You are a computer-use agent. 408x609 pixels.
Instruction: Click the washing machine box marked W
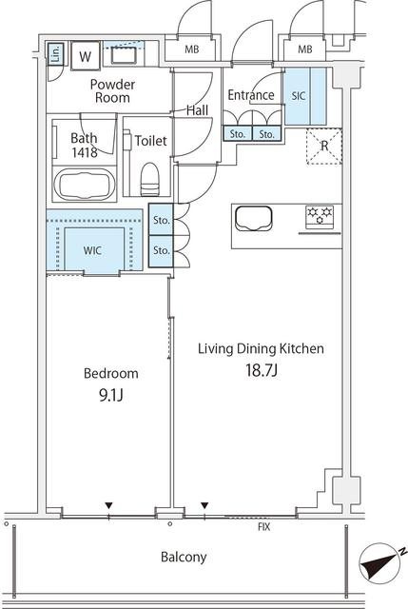click(x=85, y=56)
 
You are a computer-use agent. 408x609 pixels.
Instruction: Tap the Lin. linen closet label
click(x=56, y=53)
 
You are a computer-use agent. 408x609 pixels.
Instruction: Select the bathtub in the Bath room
click(x=84, y=184)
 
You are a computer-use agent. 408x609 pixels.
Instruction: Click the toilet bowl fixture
click(x=150, y=179)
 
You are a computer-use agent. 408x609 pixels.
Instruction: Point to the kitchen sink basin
click(x=254, y=218)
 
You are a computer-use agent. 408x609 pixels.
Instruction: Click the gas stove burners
click(x=320, y=216)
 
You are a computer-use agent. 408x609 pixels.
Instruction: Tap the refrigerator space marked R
click(x=324, y=146)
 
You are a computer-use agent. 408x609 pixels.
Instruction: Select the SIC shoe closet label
click(x=298, y=95)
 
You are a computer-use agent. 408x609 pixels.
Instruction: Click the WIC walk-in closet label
click(x=92, y=250)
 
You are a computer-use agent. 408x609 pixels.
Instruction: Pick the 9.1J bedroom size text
click(x=111, y=395)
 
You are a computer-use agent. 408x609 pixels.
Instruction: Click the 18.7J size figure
click(x=262, y=370)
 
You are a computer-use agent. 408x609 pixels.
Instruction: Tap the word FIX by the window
click(x=264, y=527)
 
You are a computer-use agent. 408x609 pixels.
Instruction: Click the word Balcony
click(x=184, y=558)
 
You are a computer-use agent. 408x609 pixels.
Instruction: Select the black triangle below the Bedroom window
click(x=108, y=505)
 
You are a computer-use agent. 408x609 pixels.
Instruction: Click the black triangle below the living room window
click(x=204, y=505)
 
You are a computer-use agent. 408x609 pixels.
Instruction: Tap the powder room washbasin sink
click(x=124, y=55)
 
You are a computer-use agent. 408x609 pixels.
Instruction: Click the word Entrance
click(x=251, y=95)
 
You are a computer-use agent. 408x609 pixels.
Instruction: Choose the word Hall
click(x=197, y=110)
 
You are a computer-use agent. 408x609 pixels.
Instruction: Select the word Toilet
click(x=150, y=141)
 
